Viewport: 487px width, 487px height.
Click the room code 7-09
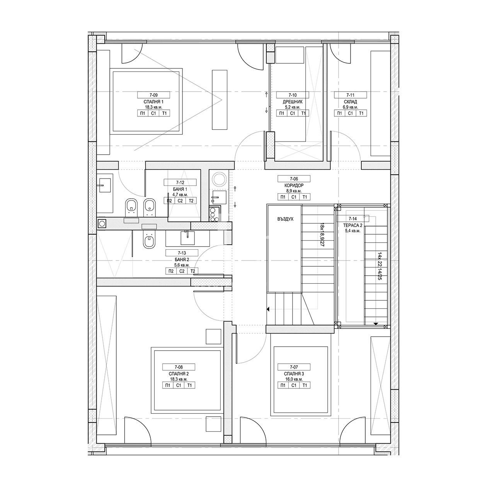click(x=154, y=95)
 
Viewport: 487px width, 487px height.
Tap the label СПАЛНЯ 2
click(x=179, y=374)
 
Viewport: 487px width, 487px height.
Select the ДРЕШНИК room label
click(x=293, y=102)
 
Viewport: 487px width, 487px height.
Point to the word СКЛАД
click(x=350, y=102)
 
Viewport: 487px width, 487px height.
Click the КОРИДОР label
click(x=294, y=186)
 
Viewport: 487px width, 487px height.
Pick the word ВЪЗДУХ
click(x=285, y=219)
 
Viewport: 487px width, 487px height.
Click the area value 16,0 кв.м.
click(x=294, y=379)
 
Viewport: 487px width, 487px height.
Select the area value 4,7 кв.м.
click(x=180, y=194)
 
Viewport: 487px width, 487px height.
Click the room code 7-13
click(x=182, y=253)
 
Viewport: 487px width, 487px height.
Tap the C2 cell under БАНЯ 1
click(x=180, y=201)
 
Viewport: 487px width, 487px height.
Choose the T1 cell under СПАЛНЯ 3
click(x=305, y=385)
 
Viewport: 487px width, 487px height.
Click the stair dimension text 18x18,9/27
click(x=322, y=240)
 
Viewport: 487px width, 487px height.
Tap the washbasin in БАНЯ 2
click(x=187, y=238)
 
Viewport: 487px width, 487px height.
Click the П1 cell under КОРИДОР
click(x=283, y=197)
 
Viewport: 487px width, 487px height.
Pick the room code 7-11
click(x=350, y=95)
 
